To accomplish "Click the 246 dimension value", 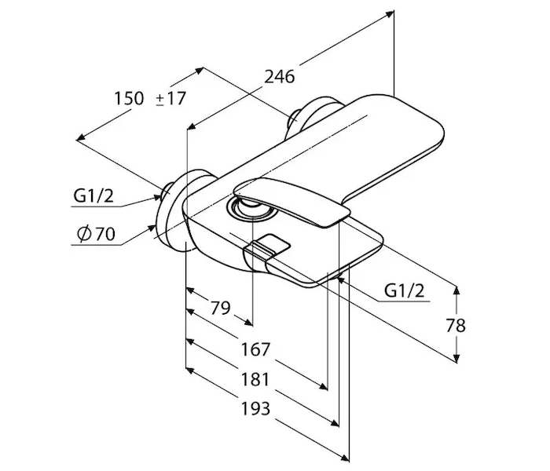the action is [279, 77].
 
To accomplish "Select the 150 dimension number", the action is [129, 98].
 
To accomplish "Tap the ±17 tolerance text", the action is [170, 98].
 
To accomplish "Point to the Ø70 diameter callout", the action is [96, 234].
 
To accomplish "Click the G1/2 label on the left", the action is [93, 195].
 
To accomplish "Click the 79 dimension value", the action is [220, 308].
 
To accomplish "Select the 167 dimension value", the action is [255, 349].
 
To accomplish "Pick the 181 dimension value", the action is [255, 379].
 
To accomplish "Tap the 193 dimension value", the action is [255, 409].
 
